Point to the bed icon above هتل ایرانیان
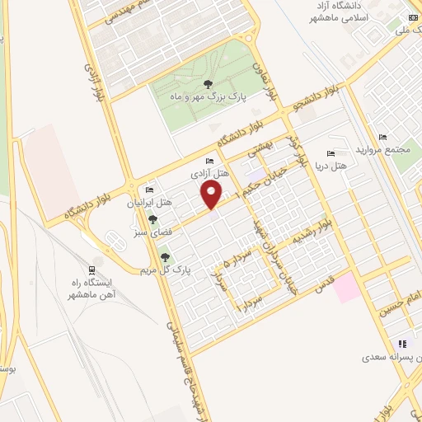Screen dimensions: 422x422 (x=149, y=189)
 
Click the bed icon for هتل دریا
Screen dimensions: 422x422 (x=331, y=153)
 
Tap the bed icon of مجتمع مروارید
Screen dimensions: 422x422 (x=382, y=137)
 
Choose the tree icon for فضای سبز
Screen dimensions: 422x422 (x=152, y=219)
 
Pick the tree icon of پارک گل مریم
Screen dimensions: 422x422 (x=166, y=257)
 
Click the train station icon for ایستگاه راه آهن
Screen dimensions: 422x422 (x=91, y=270)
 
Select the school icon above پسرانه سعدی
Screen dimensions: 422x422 (x=402, y=344)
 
